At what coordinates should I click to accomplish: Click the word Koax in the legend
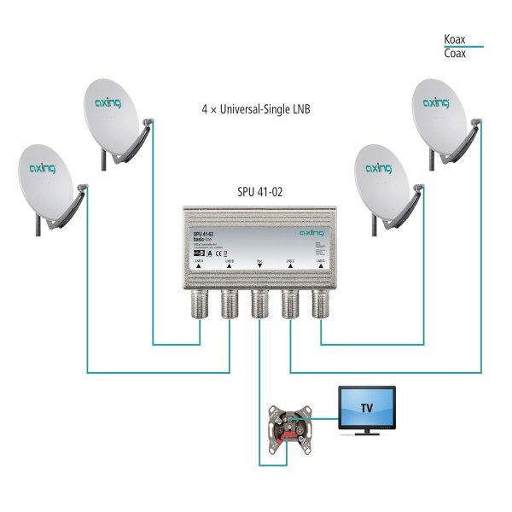[455, 39]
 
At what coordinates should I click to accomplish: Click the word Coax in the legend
[455, 54]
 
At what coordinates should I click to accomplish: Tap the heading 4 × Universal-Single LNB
[256, 110]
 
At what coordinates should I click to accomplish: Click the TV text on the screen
[366, 406]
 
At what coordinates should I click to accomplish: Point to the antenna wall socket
[289, 422]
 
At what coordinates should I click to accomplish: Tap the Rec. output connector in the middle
[259, 304]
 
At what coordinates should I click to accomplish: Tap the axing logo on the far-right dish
[437, 104]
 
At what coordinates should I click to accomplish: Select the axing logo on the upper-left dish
[108, 103]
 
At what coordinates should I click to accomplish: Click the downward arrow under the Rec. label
[259, 266]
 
